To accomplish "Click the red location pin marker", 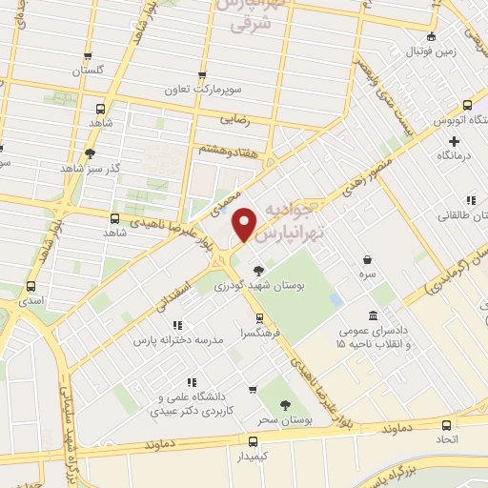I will (x=246, y=223).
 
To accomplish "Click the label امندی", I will (x=30, y=300).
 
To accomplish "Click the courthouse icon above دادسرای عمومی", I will (x=373, y=315).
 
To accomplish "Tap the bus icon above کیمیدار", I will (x=253, y=441).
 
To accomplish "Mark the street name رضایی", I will (x=234, y=121).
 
